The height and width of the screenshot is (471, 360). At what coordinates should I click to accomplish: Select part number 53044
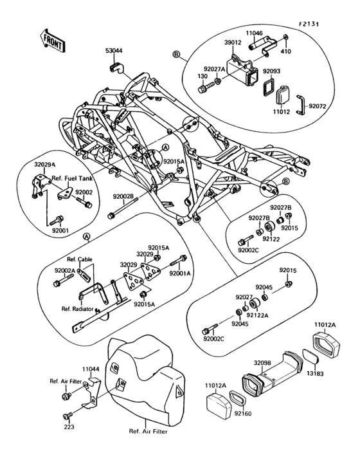click(114, 49)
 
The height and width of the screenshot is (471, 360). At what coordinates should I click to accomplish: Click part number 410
click(287, 50)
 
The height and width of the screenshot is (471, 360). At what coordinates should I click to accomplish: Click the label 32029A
click(44, 165)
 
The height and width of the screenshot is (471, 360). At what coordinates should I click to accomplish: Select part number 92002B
click(123, 196)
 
